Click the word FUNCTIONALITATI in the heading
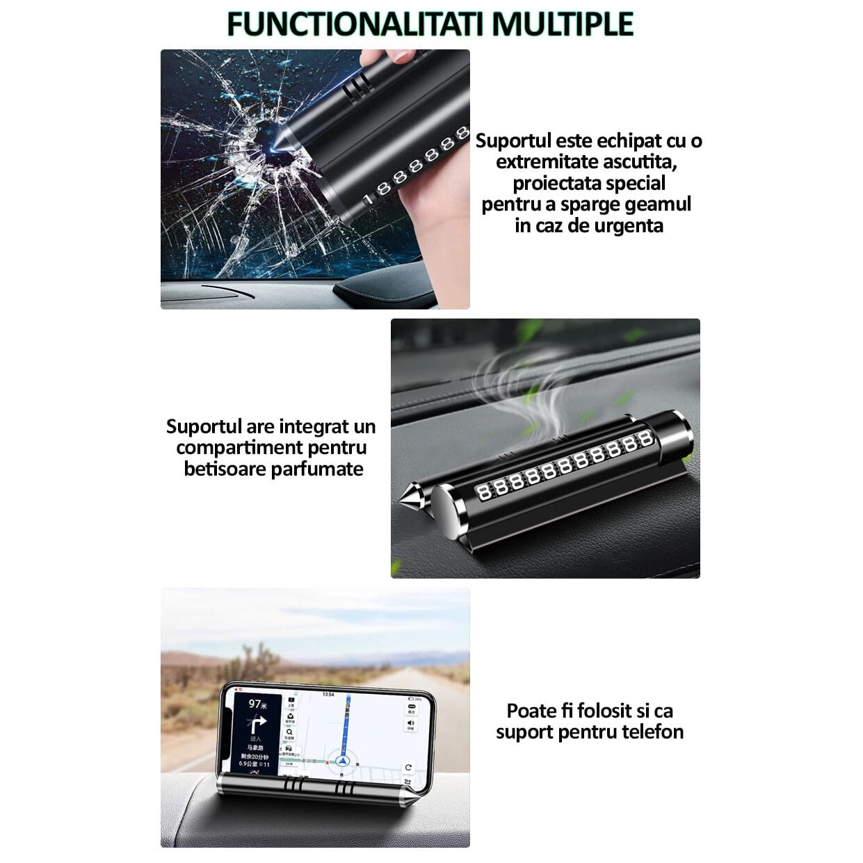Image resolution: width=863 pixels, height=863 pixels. point(357,24)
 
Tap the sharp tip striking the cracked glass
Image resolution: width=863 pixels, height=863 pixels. point(274,143)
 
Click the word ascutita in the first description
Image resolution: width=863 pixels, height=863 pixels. point(638,162)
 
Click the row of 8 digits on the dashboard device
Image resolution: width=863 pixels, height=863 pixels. point(563,465)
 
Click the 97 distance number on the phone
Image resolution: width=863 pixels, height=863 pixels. point(254,704)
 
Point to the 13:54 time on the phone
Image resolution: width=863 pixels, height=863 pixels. point(328,695)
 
